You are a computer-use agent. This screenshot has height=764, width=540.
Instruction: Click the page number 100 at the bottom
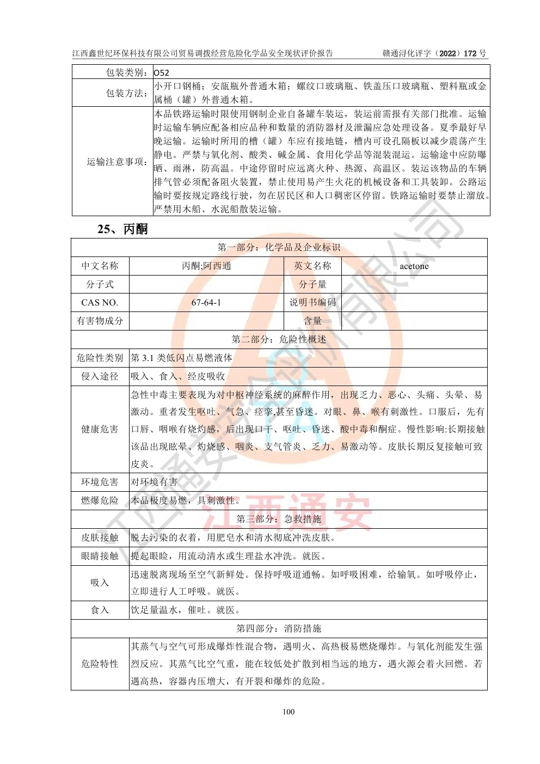(x=289, y=712)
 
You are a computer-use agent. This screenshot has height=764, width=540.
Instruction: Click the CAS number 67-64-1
(x=206, y=303)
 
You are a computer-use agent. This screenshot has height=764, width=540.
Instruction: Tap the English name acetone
(x=414, y=266)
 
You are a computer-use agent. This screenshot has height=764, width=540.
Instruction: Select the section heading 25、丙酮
(x=122, y=229)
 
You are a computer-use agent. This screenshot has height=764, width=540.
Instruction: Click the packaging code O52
(x=162, y=72)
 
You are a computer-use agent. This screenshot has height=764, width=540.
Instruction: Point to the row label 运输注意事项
(x=118, y=162)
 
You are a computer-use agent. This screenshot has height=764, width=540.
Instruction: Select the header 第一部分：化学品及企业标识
(x=279, y=247)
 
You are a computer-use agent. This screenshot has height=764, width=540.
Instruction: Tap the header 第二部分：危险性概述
(x=279, y=339)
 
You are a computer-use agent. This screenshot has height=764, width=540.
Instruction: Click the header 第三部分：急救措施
(x=279, y=519)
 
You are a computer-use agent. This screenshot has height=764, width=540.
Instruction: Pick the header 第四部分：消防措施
(x=279, y=628)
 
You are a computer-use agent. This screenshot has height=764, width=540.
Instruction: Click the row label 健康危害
(x=100, y=429)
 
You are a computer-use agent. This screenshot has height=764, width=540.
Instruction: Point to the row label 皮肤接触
(x=100, y=537)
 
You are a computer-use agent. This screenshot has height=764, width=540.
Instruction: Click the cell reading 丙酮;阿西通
(x=206, y=266)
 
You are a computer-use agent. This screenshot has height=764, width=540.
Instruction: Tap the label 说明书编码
(x=312, y=303)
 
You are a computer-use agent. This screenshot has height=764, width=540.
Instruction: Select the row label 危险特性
(x=100, y=664)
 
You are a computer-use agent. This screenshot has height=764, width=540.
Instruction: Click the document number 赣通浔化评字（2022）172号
(x=434, y=53)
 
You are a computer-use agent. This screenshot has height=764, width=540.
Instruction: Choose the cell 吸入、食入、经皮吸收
(x=178, y=376)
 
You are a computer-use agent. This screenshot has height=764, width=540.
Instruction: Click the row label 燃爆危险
(x=100, y=500)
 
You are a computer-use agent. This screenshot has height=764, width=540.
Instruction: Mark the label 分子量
(x=312, y=284)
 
